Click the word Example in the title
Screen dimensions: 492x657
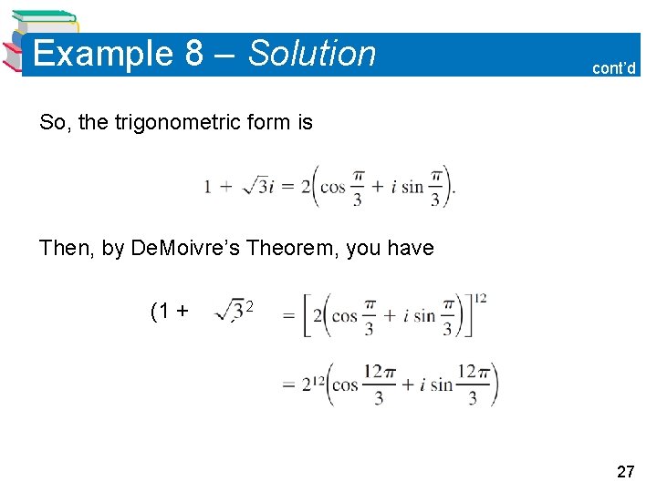coord(101,54)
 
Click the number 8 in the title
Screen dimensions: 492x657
coord(194,54)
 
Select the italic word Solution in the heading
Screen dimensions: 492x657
coord(312,54)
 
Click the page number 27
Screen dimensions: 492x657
coord(626,472)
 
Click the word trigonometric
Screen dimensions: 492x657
coord(174,122)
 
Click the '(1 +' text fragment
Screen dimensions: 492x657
coord(170,312)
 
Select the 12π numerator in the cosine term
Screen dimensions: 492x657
coord(377,372)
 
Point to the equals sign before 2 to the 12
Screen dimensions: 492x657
coord(288,385)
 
